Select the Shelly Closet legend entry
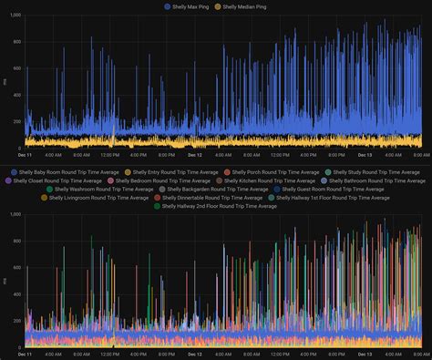pos(52,180)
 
